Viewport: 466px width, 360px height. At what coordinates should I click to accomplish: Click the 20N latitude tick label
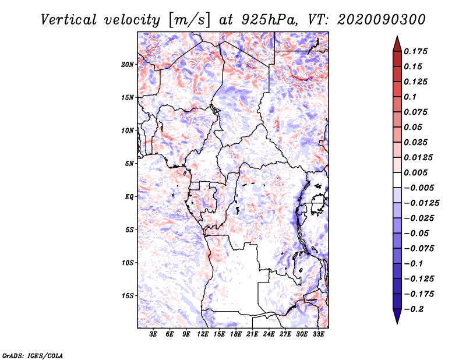point(128,65)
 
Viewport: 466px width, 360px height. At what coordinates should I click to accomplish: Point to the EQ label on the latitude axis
point(129,197)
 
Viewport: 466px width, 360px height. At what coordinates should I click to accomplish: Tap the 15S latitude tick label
point(128,296)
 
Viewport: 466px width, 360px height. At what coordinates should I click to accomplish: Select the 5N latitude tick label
point(129,164)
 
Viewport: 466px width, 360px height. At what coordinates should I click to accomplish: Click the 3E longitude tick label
point(153,334)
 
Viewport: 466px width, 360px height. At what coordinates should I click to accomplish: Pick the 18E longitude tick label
point(236,334)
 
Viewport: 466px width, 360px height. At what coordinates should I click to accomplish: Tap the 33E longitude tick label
point(318,334)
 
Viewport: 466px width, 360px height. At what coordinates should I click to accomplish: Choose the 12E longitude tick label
point(203,334)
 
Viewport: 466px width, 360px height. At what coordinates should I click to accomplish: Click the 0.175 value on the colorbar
point(415,51)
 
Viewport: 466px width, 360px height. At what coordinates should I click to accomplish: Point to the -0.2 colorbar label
point(414,309)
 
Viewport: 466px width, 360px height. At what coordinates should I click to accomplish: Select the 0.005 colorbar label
point(415,172)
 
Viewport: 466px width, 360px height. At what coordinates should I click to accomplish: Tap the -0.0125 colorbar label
point(421,203)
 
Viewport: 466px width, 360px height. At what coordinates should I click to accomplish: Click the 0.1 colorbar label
point(410,97)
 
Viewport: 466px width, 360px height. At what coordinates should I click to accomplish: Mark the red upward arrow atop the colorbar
point(397,44)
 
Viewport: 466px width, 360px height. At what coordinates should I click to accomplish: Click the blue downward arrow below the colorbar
point(397,316)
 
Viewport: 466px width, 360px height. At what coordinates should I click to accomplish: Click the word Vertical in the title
point(69,20)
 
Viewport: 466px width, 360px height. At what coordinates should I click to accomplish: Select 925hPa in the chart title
point(269,20)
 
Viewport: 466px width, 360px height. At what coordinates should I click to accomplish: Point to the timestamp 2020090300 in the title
point(382,20)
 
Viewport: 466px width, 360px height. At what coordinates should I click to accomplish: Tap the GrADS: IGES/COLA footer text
point(33,356)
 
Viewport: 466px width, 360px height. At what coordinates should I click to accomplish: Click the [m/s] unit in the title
point(189,20)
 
